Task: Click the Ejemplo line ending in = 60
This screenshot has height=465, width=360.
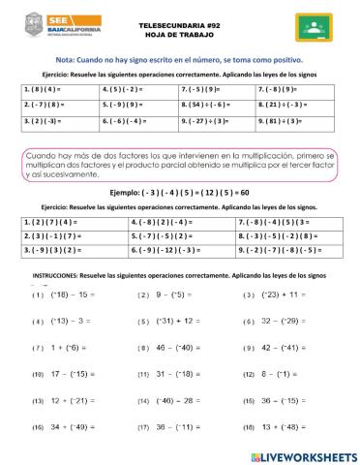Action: [x=181, y=193]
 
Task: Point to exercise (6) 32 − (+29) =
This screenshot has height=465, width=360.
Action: [x=280, y=321]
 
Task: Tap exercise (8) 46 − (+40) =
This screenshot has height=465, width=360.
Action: [x=169, y=347]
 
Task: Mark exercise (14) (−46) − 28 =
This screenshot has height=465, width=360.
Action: [x=170, y=399]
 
